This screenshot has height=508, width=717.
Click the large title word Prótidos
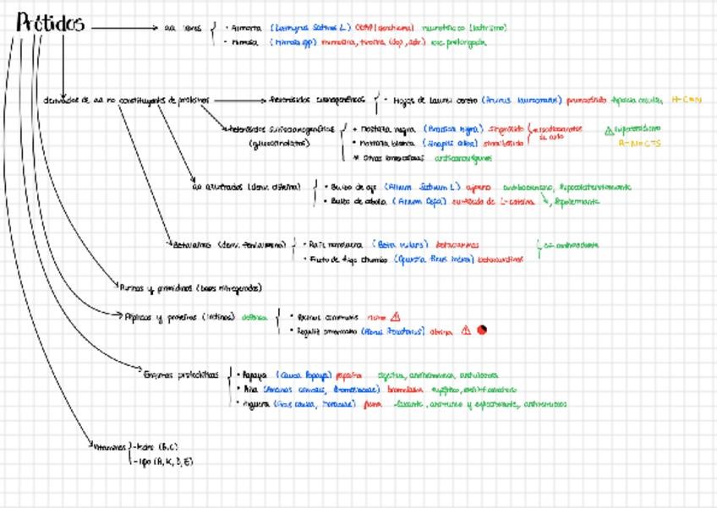[51, 25]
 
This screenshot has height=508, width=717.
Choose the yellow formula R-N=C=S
[637, 143]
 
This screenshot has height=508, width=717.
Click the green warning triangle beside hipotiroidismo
[609, 130]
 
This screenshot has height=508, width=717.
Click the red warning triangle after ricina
[396, 317]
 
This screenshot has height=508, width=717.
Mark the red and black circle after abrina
[481, 330]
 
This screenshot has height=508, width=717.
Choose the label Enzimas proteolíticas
[182, 374]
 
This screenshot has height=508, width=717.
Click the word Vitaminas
[107, 446]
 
